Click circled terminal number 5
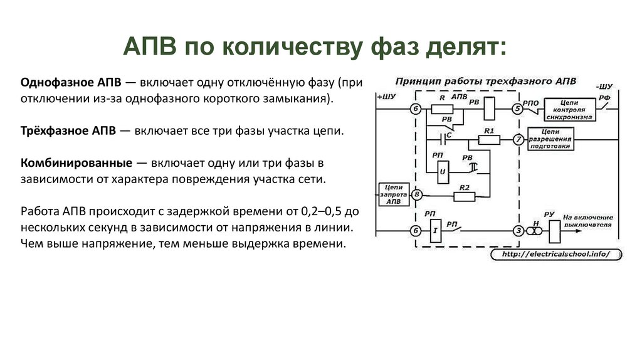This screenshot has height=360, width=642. coord(518,109)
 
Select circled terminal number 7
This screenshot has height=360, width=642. coord(518,139)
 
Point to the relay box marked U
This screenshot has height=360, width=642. coord(443,171)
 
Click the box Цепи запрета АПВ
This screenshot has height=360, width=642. coord(392,194)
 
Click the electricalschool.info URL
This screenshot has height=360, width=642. coord(554,255)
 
